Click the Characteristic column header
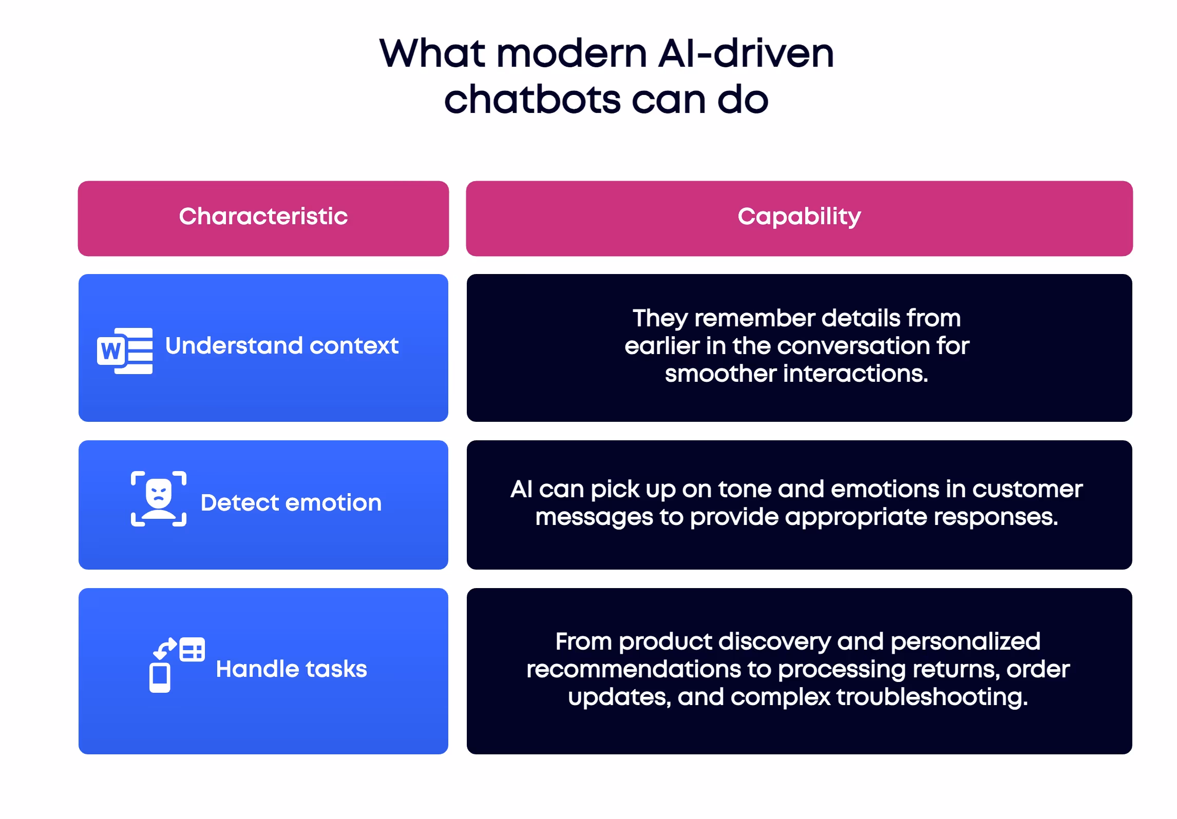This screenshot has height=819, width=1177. click(x=263, y=217)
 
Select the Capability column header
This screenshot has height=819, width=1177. click(x=799, y=217)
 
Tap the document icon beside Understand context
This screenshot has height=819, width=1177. click(x=125, y=350)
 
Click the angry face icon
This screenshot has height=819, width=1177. click(x=158, y=498)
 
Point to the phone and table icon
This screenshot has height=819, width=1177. click(x=177, y=665)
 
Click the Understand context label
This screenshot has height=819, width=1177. click(x=281, y=346)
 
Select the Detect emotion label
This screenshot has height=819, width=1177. click(x=291, y=503)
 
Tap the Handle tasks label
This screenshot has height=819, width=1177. click(x=291, y=669)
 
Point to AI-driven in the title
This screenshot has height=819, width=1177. click(x=746, y=53)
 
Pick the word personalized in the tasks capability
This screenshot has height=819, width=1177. click(x=965, y=642)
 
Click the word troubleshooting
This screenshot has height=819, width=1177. click(x=932, y=697)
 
